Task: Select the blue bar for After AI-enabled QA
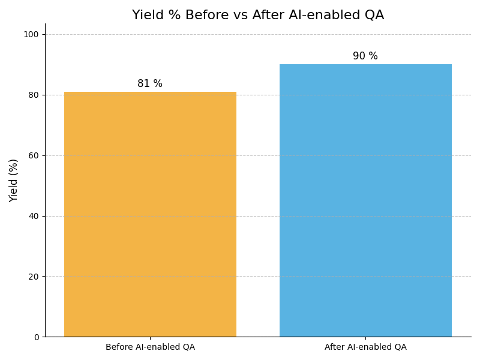(x=365, y=200)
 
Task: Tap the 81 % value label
(x=150, y=84)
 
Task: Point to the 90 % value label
(x=365, y=56)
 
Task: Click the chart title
(x=258, y=16)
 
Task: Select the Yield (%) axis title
(x=14, y=180)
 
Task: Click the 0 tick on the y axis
(x=35, y=337)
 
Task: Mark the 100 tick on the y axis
(x=31, y=34)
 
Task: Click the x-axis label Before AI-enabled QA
(x=150, y=347)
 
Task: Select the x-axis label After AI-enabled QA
(x=365, y=347)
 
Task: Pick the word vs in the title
(x=239, y=16)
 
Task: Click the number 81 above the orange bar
(x=144, y=84)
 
